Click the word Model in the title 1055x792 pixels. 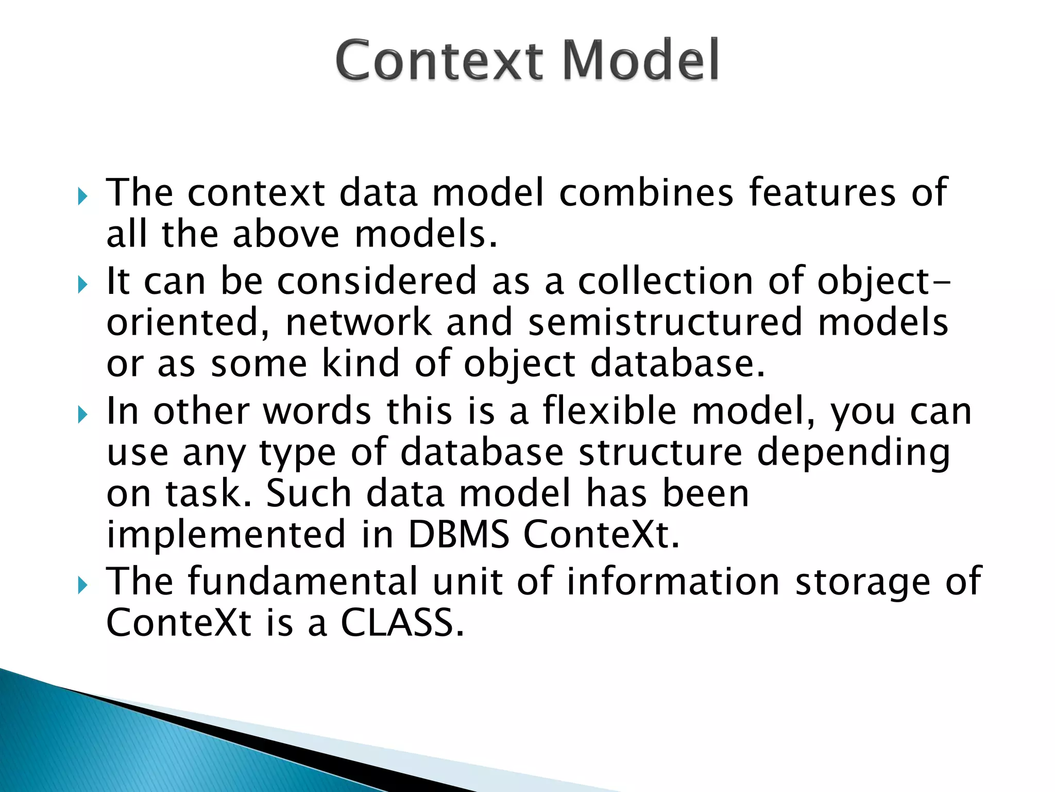(641, 60)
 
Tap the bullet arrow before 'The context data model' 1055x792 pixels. (83, 196)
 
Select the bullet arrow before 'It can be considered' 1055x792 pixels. (83, 284)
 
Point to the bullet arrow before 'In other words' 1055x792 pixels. (83, 414)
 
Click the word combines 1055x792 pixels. (646, 193)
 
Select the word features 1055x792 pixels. (822, 193)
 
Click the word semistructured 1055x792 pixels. (665, 323)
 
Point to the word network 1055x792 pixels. (359, 323)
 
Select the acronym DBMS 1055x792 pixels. (458, 535)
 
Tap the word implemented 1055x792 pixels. (226, 535)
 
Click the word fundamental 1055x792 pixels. (302, 582)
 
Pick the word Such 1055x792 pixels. (309, 493)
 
